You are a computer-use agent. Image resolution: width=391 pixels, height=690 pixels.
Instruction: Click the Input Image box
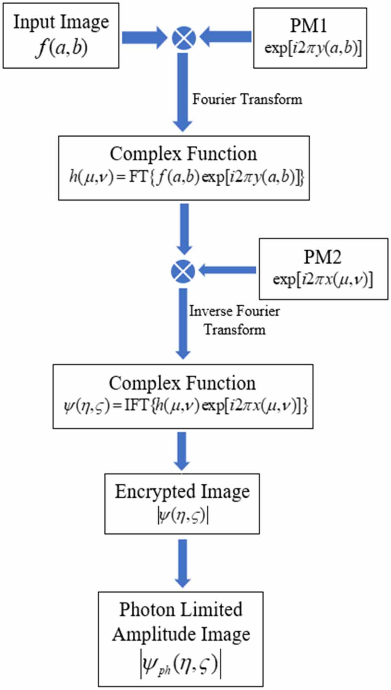[61, 35]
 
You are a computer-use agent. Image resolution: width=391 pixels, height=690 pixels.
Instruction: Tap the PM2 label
[322, 257]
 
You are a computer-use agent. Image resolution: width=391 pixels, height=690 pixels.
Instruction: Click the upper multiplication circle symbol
[183, 38]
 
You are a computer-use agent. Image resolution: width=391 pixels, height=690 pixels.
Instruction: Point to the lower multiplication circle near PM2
[183, 271]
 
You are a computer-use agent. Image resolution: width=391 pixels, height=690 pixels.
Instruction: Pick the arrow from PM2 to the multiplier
[227, 270]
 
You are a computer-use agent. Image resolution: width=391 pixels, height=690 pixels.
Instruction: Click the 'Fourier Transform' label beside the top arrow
[247, 99]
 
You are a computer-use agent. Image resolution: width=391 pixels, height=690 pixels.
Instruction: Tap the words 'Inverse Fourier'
[234, 311]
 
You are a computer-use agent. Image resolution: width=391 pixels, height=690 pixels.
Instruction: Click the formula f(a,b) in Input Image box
[61, 48]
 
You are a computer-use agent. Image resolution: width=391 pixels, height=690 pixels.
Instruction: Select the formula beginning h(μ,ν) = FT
[187, 177]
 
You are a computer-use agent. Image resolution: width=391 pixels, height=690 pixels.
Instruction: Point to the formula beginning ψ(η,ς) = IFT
[185, 406]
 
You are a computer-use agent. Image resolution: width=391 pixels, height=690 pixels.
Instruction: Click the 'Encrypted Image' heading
[182, 492]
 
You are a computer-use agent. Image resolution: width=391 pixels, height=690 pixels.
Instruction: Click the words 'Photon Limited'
[181, 609]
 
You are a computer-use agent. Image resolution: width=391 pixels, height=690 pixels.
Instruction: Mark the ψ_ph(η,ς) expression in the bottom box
[181, 665]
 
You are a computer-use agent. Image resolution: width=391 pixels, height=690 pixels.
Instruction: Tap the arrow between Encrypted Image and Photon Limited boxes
[183, 563]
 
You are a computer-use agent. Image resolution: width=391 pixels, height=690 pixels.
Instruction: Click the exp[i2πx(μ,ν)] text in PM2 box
[323, 279]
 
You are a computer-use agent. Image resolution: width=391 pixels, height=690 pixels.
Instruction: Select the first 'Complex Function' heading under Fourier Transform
[183, 154]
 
